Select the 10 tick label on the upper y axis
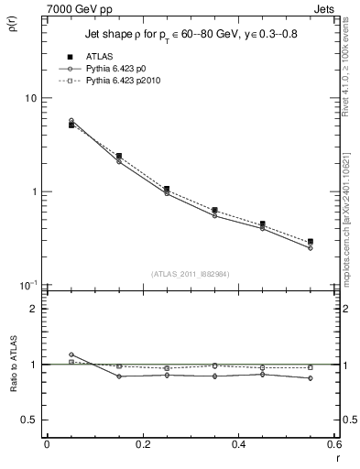[x=29, y=98]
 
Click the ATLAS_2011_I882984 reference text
[x=191, y=272]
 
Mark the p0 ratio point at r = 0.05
[x=71, y=354]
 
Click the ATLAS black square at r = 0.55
[x=311, y=242]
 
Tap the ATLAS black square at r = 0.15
[x=119, y=157]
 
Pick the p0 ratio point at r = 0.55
[x=311, y=378]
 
